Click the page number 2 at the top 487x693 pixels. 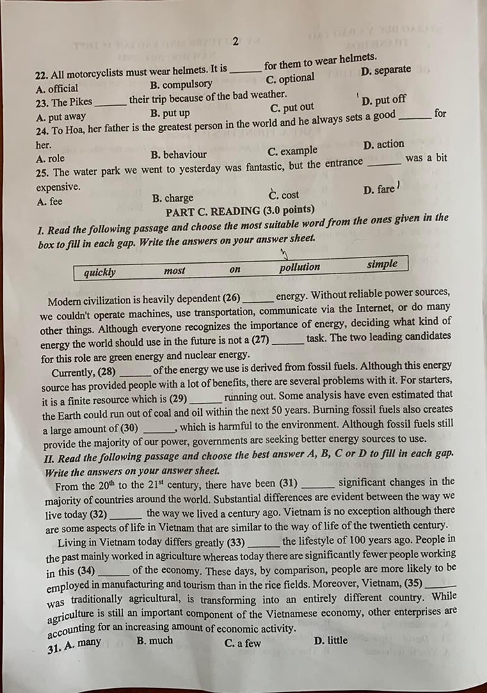(x=235, y=41)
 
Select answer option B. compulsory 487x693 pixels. (x=181, y=85)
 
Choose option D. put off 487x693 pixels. (x=384, y=100)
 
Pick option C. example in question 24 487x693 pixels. (x=292, y=151)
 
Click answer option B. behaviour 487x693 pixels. (x=178, y=154)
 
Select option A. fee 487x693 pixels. (x=49, y=201)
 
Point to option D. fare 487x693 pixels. (x=378, y=189)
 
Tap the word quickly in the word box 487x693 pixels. (x=99, y=272)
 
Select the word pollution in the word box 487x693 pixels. (x=300, y=267)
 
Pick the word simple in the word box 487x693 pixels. (x=383, y=264)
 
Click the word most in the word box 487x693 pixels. (x=175, y=271)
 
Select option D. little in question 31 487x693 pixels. (x=331, y=640)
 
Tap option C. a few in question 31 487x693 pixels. (x=243, y=643)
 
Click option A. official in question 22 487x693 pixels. (x=57, y=88)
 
